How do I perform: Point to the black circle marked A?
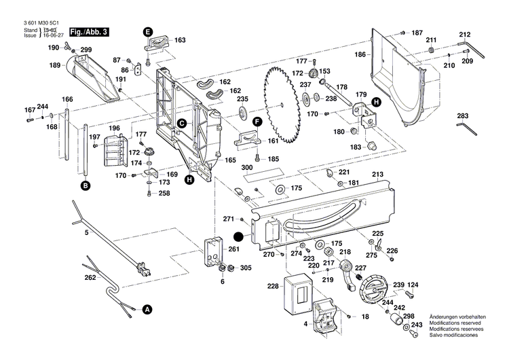click(145, 309)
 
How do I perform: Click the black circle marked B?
click(86, 185)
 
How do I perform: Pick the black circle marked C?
click(182, 123)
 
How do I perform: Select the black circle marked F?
click(258, 121)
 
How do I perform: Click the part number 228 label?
click(273, 286)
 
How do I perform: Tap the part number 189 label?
click(55, 65)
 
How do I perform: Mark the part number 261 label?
click(234, 249)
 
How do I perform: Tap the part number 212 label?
click(464, 35)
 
